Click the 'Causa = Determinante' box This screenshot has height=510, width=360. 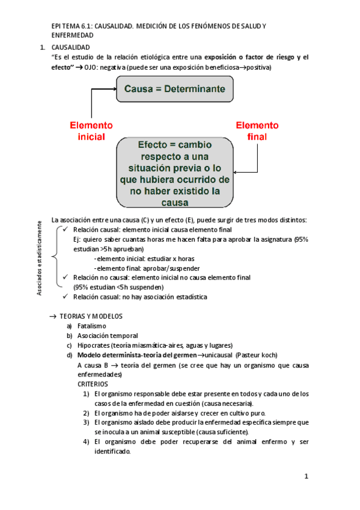(x=175, y=89)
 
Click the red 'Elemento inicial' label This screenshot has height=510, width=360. (x=91, y=131)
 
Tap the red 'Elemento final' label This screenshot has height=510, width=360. (x=257, y=131)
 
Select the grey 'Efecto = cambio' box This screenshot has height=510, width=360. (x=175, y=173)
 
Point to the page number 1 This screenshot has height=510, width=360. (x=306, y=476)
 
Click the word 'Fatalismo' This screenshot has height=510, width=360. (x=92, y=326)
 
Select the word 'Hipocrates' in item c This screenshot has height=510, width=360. (x=94, y=345)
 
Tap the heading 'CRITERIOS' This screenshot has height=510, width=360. (x=93, y=383)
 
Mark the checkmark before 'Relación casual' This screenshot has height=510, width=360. (x=66, y=297)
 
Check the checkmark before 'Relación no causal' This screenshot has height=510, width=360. (x=66, y=278)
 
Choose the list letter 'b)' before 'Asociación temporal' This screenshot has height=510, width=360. (x=70, y=336)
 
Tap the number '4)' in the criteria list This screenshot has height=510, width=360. (x=87, y=442)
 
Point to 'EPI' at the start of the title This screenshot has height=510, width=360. (x=56, y=26)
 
